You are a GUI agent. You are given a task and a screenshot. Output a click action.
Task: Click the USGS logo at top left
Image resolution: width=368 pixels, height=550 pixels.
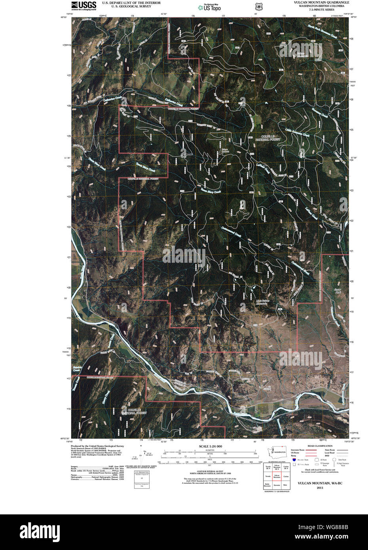coord(83,5)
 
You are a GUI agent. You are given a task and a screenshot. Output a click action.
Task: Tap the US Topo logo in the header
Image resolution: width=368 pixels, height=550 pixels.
coord(210,7)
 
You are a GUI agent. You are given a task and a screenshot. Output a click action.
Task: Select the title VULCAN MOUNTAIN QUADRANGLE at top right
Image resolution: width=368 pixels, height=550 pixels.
coord(321,2)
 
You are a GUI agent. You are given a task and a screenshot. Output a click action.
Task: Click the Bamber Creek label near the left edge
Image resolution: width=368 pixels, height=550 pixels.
coord(77,369)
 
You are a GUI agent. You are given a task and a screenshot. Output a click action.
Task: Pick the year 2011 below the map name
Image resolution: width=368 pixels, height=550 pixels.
coord(320,487)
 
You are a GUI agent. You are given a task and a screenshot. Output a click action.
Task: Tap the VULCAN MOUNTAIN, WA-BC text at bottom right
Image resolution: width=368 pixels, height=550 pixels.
coord(320,484)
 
